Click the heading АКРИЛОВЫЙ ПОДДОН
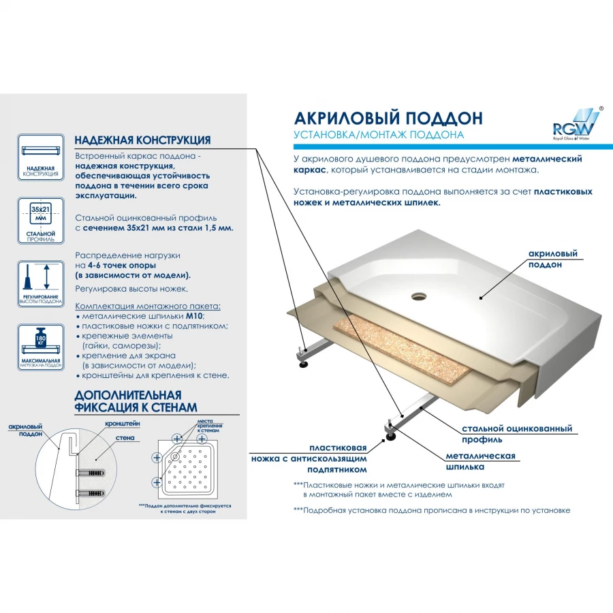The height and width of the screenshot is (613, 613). pyautogui.click(x=388, y=117)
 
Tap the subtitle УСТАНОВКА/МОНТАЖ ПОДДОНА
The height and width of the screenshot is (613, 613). pyautogui.click(x=379, y=135)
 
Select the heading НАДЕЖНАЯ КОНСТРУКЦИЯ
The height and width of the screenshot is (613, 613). pyautogui.click(x=142, y=140)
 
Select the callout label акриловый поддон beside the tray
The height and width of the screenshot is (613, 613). pyautogui.click(x=552, y=259)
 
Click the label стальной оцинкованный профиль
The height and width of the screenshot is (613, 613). pyautogui.click(x=516, y=434)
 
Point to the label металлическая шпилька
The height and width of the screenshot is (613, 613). pyautogui.click(x=480, y=461)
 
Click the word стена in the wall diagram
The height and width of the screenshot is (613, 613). pyautogui.click(x=125, y=438)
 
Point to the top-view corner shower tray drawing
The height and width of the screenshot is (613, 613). pyautogui.click(x=192, y=466)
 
